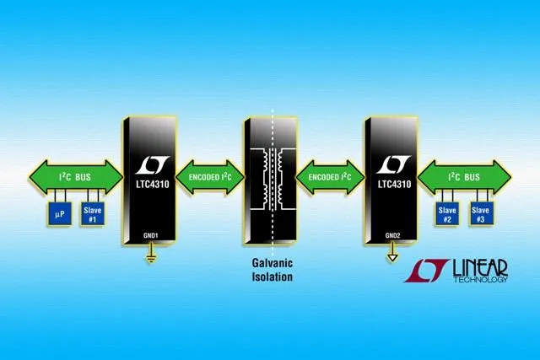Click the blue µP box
click(x=59, y=214)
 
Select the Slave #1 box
click(x=92, y=214)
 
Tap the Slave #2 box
click(x=447, y=214)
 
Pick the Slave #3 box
click(x=480, y=214)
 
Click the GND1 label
click(x=150, y=236)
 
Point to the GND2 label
click(x=392, y=236)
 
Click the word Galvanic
click(x=273, y=263)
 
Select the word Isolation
click(x=273, y=277)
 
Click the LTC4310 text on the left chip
click(x=153, y=184)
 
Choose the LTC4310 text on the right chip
click(x=394, y=184)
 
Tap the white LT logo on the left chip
click(x=152, y=165)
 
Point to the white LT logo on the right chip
click(x=393, y=165)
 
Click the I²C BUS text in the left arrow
click(x=75, y=177)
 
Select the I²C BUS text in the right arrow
click(x=463, y=177)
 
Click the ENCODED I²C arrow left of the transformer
click(x=210, y=177)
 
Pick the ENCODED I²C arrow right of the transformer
click(x=330, y=177)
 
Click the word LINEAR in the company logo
click(x=480, y=268)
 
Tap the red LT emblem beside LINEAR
click(x=426, y=271)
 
